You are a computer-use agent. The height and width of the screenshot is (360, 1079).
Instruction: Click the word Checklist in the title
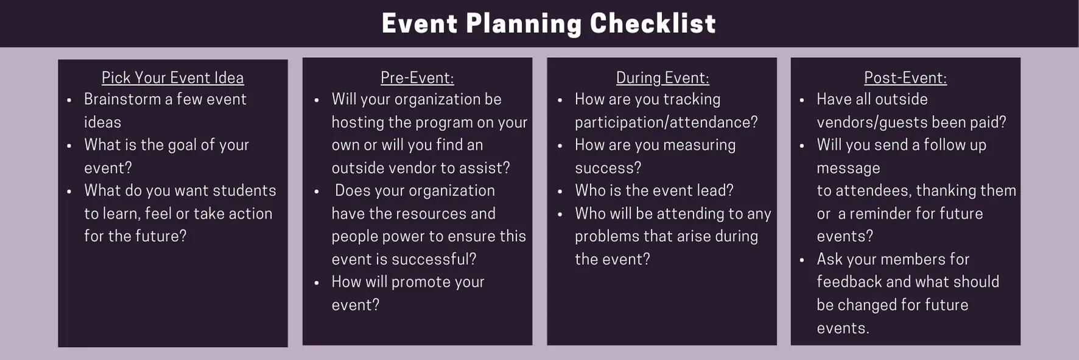[652, 24]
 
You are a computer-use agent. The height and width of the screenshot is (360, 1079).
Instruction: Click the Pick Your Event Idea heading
[172, 78]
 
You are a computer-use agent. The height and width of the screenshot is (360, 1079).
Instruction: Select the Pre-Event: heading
[417, 78]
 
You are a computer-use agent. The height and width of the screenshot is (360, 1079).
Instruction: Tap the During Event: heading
[663, 78]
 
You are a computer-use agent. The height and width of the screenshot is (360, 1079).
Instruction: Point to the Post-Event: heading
[905, 78]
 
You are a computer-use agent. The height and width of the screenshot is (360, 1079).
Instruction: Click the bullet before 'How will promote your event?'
[317, 283]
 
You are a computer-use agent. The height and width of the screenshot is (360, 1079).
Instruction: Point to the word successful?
[434, 259]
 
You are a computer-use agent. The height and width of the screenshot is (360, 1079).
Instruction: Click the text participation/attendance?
[666, 122]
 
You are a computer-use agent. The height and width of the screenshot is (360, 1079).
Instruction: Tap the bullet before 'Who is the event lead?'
[560, 191]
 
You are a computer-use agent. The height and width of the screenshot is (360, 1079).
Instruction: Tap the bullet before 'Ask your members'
[802, 260]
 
